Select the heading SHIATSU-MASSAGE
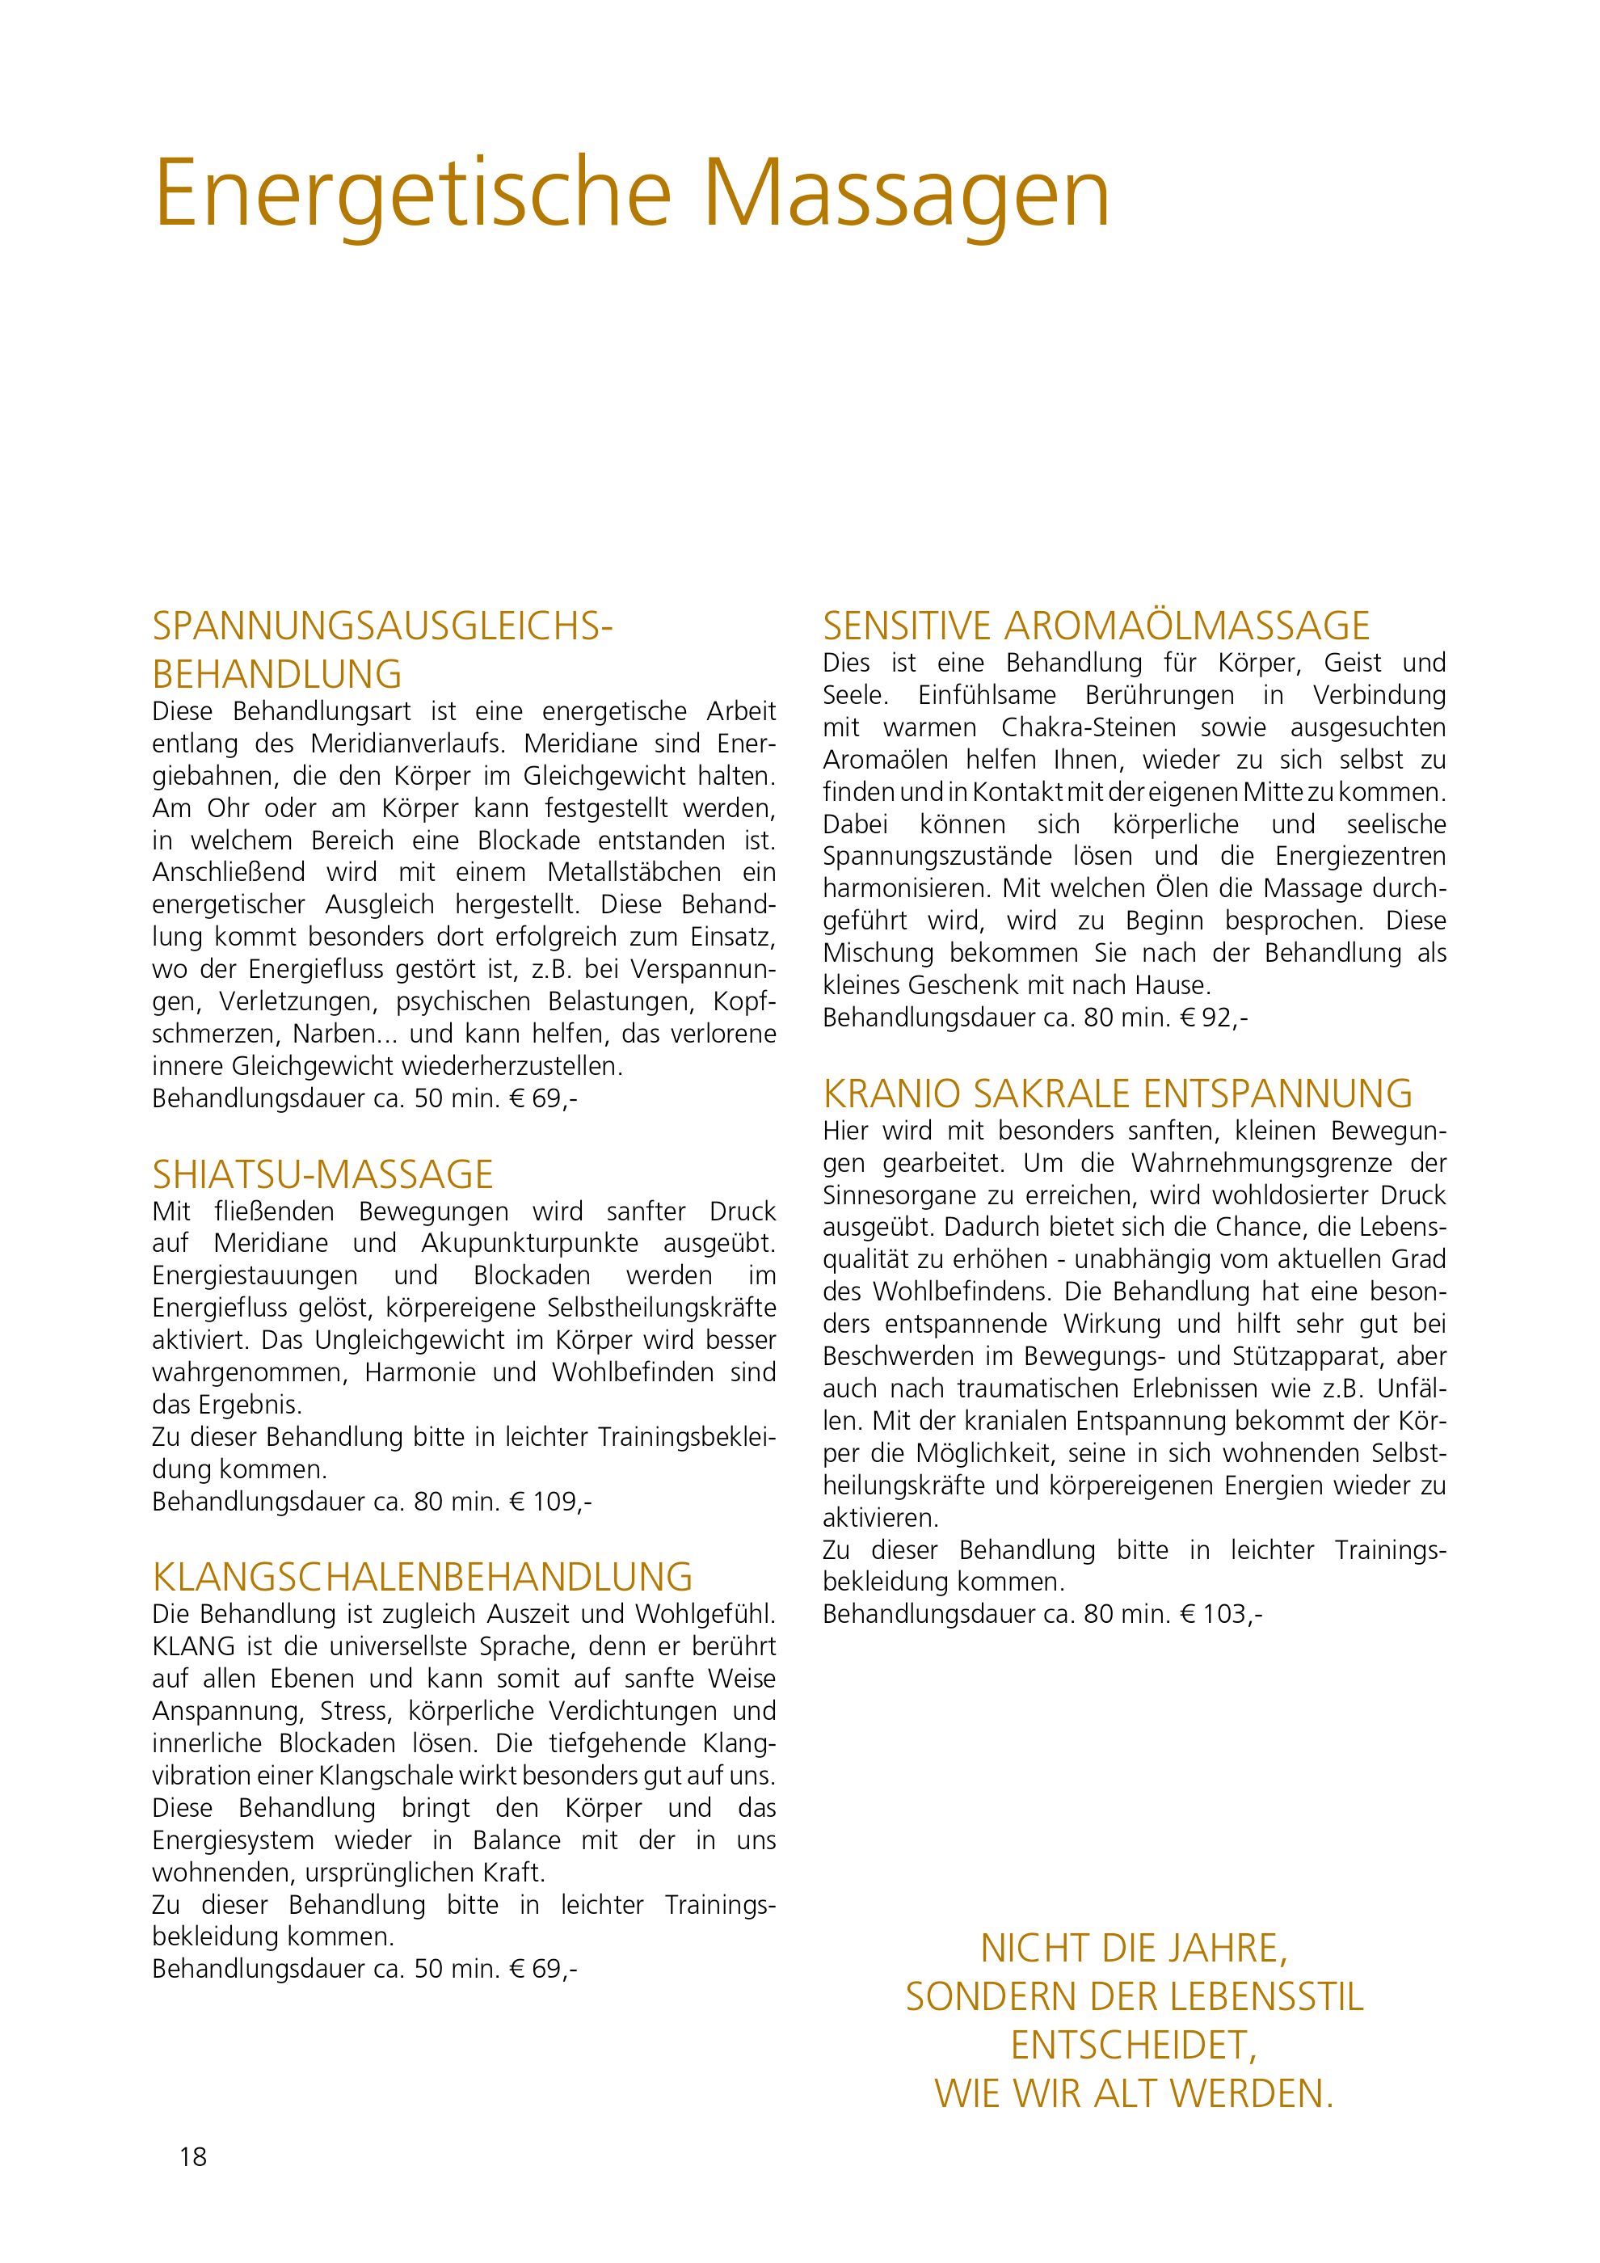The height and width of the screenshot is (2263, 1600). tap(322, 1175)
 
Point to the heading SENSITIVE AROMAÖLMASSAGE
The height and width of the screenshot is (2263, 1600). tap(1096, 626)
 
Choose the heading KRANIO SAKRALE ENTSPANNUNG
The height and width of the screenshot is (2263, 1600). tap(1118, 1094)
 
